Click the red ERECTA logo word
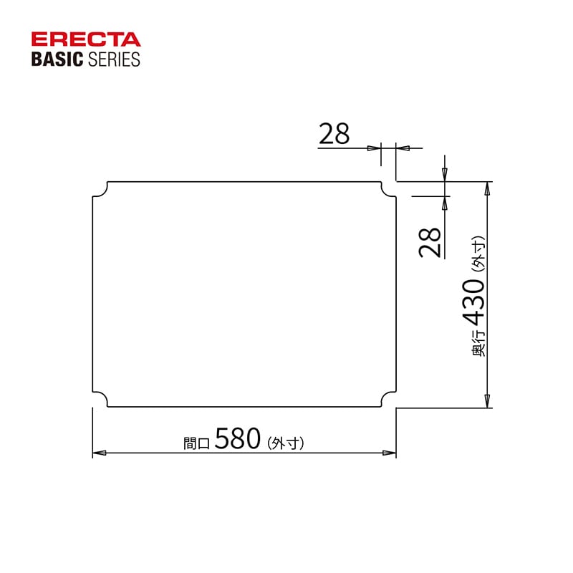click(86, 40)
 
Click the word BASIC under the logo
click(58, 59)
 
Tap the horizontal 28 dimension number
click(334, 134)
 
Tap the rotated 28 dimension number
click(430, 243)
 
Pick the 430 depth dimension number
click(474, 302)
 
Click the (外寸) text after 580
click(286, 443)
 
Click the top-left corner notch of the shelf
click(100, 189)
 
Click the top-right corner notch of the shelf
click(388, 189)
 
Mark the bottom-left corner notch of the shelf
click(100, 400)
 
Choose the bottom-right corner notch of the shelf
click(388, 400)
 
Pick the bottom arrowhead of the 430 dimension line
click(488, 400)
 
